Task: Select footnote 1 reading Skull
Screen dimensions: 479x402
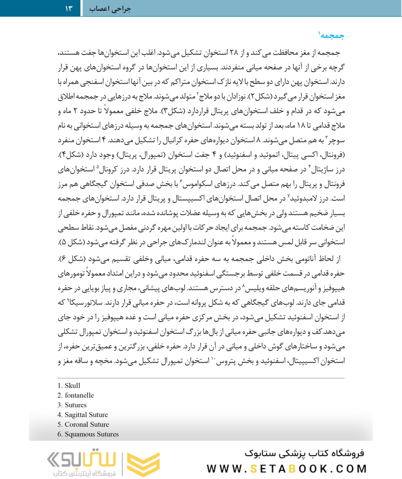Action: (69, 386)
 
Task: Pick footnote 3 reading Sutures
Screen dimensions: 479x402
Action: (73, 405)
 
